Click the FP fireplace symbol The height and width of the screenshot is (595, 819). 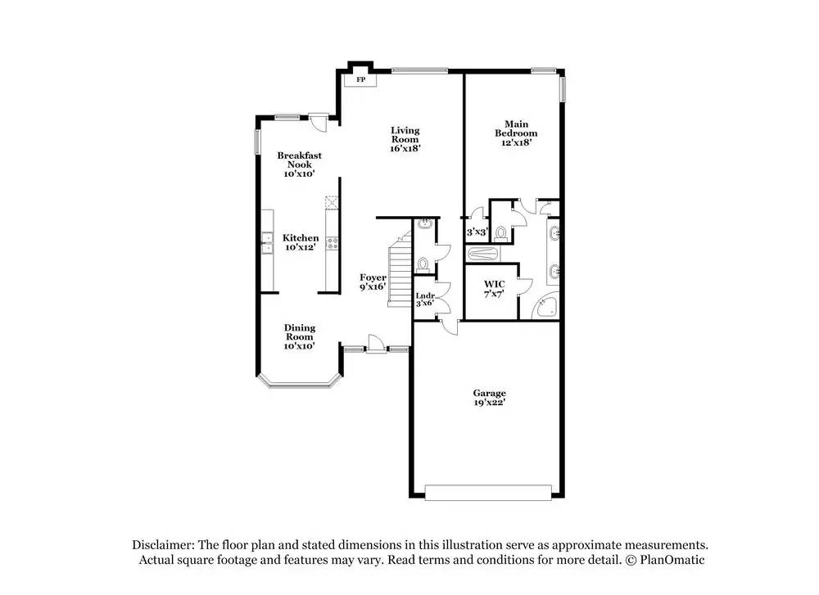coord(360,79)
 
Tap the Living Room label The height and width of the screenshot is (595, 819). coord(405,139)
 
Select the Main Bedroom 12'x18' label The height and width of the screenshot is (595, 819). coord(516,133)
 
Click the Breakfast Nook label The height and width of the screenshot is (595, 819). coord(299,164)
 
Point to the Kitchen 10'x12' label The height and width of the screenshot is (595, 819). coord(301,242)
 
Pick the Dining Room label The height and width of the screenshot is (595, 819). coord(300,336)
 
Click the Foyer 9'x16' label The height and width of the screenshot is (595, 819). coord(373,282)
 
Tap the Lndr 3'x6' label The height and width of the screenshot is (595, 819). coord(424,300)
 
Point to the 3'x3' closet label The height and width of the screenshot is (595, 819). coord(477,232)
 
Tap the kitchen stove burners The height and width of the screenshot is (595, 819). coord(333,242)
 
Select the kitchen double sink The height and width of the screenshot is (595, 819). coord(267,242)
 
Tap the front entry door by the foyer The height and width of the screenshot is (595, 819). coord(375,345)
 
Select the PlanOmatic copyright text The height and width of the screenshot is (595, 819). coord(665,560)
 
